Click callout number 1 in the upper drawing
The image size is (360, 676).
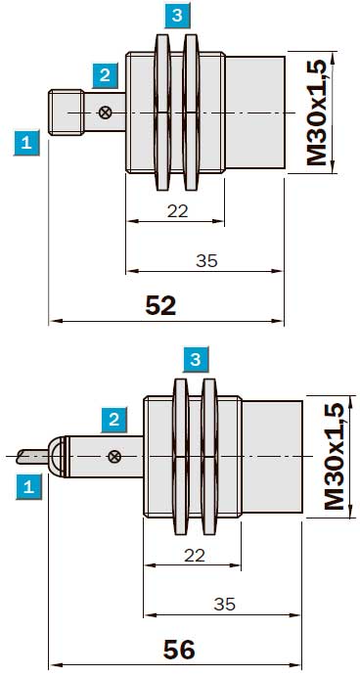pos(26,142)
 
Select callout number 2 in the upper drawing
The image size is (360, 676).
pos(105,76)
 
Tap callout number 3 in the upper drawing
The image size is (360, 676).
pos(177,17)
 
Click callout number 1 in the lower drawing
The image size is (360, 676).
pos(29,487)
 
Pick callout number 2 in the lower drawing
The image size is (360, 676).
pos(114,420)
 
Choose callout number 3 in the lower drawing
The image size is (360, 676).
pos(196,359)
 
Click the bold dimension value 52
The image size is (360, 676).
pos(160,306)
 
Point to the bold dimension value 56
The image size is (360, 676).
pos(179,650)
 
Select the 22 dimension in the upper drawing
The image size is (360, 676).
pos(178,211)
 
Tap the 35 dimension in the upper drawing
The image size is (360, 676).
pos(207,261)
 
